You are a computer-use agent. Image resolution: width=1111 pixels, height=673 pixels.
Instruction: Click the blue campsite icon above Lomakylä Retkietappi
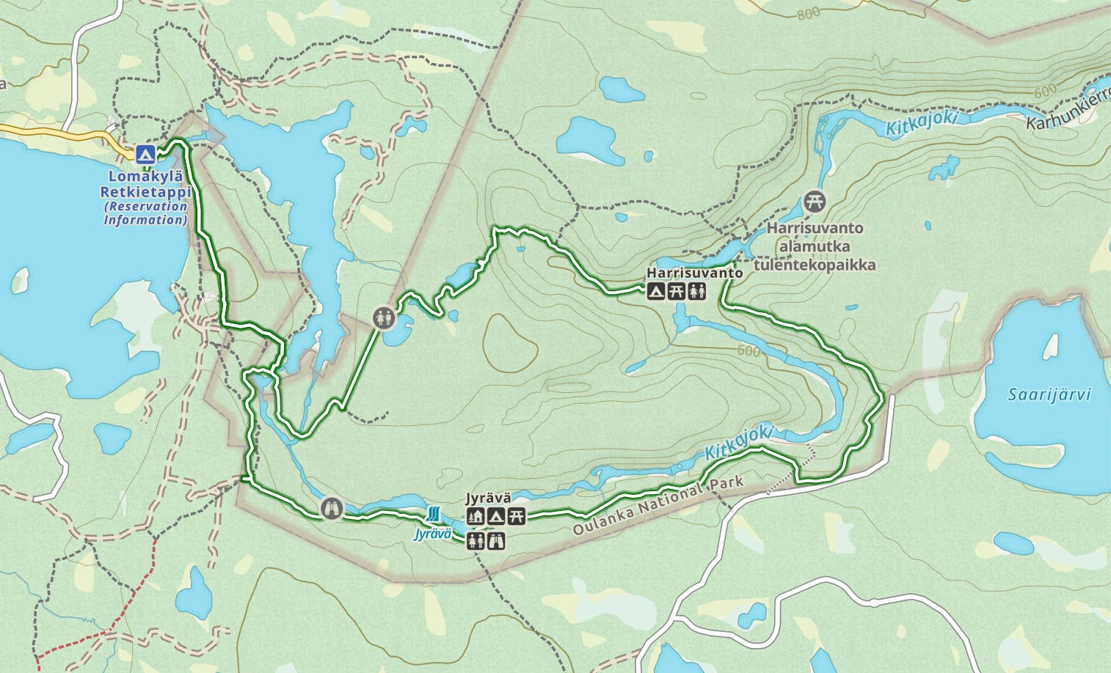145,154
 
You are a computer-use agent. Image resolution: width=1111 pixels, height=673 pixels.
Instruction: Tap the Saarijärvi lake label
1049,394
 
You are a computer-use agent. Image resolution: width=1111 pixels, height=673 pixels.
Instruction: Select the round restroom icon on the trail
384,318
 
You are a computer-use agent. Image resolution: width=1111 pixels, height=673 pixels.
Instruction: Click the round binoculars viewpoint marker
332,507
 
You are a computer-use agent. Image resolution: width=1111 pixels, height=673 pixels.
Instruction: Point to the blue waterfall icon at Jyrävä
434,513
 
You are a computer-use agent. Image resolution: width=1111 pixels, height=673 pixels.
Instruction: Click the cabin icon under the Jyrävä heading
476,516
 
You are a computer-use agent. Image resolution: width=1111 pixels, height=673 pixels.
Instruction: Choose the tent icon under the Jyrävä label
496,516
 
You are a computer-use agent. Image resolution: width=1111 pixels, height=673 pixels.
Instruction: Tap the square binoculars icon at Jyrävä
497,541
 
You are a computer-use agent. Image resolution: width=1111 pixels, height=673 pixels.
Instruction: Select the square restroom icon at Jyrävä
476,541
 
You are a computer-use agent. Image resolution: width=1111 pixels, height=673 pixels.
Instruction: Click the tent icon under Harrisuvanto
656,292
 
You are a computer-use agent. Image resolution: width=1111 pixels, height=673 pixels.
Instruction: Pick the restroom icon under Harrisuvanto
697,292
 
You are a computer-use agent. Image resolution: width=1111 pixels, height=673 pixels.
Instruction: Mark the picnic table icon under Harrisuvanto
677,292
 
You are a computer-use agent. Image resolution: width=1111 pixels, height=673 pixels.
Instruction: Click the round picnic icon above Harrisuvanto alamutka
814,200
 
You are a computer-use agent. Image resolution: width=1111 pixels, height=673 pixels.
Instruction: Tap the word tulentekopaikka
815,265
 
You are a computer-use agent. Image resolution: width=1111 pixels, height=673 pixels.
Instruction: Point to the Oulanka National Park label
658,506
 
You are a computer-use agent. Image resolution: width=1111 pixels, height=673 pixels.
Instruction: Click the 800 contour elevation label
807,13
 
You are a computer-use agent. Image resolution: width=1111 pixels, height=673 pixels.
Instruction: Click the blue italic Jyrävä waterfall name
433,533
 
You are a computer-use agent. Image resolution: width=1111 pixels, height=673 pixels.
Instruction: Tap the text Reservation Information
145,213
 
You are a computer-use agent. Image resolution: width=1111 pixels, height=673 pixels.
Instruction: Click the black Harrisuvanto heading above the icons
694,273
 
